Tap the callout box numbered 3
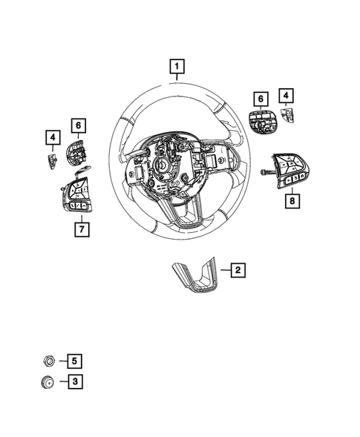point(74,382)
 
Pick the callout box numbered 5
point(74,361)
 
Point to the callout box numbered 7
point(82,229)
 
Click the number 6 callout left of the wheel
point(79,126)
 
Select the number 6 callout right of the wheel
point(261,98)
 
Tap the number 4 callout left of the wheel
point(52,137)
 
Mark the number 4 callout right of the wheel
point(285,96)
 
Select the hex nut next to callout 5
point(48,361)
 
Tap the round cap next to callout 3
point(48,383)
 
